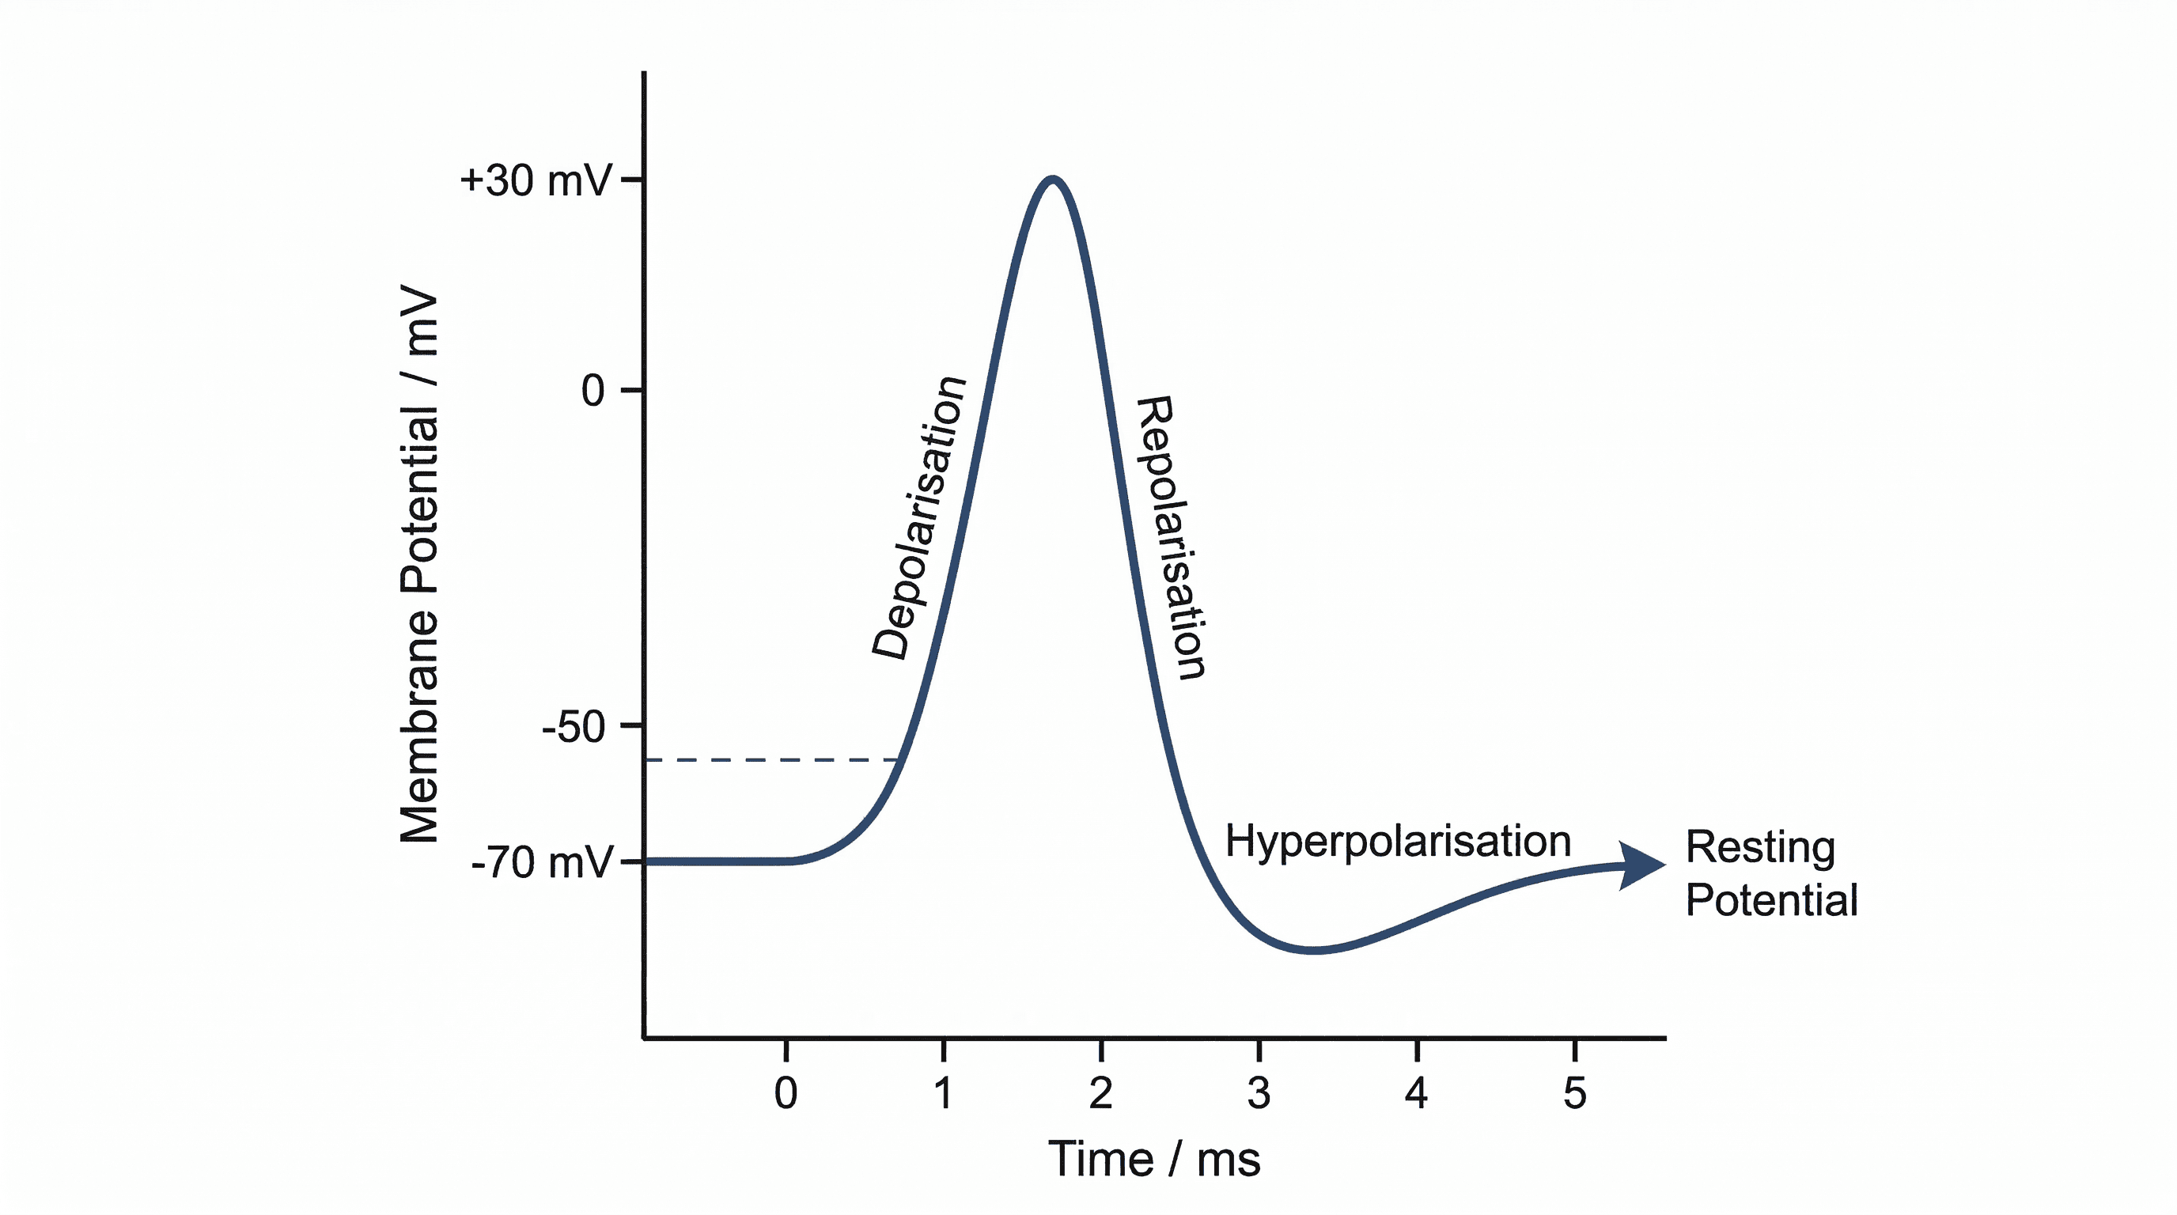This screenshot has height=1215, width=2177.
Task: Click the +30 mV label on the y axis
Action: pos(535,181)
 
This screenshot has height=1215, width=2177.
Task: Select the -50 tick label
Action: pos(574,727)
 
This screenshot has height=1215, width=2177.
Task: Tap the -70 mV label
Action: pos(542,863)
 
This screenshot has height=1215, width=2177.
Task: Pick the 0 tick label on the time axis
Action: pos(786,1093)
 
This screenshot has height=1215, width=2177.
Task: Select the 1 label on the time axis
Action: pos(943,1093)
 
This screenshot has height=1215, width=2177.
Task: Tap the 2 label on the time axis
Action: pos(1100,1093)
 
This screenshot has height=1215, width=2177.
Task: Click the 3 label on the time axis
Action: pos(1259,1093)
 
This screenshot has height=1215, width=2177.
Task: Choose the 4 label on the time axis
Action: pos(1417,1093)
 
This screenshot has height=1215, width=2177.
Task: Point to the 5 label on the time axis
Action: pos(1574,1093)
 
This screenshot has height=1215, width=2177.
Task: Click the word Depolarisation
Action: pos(918,517)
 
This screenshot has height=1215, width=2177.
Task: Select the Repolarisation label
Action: pos(1171,537)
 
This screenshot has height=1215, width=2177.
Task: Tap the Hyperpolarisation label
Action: pos(1398,842)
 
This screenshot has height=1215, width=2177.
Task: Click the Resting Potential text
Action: pos(1770,872)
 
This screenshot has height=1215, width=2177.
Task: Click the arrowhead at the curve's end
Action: pos(1642,865)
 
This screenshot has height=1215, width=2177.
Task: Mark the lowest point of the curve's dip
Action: pos(1312,951)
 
